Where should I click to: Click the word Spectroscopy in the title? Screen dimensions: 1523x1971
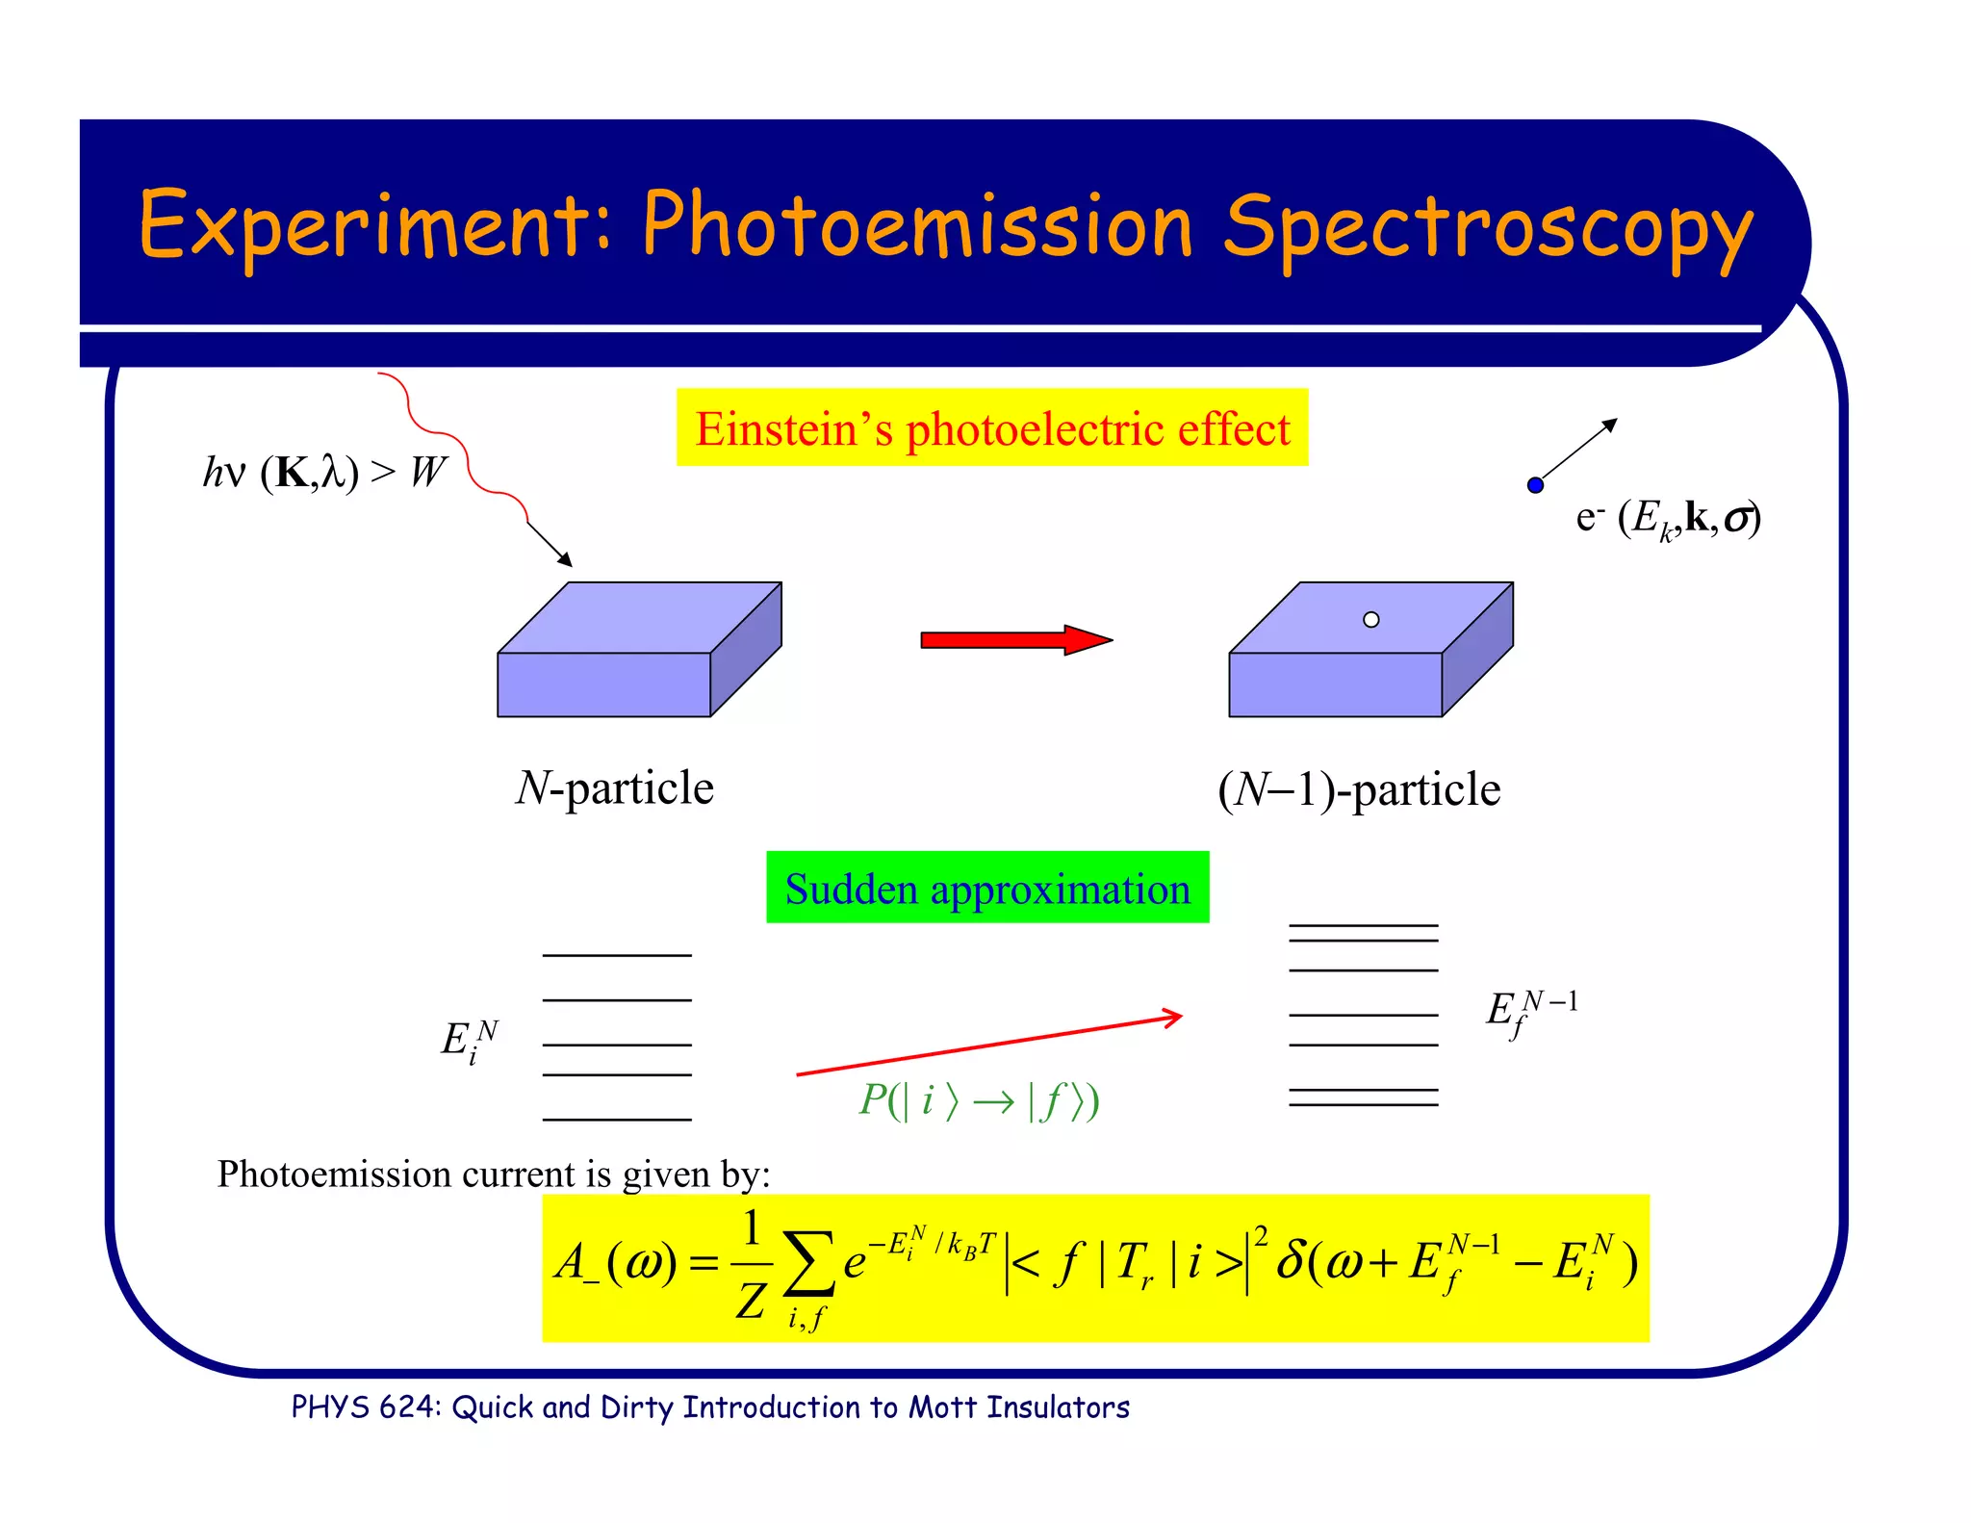click(1487, 227)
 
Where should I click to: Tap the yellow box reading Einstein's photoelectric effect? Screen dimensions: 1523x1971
click(991, 428)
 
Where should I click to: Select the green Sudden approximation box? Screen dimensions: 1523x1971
click(987, 888)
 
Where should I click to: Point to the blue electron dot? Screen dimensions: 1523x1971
click(1535, 485)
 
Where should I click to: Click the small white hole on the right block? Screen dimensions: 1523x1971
click(1370, 620)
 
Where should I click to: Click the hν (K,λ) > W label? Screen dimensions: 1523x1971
click(323, 472)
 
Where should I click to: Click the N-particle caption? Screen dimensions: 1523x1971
click(614, 788)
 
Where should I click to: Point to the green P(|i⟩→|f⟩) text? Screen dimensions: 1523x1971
click(979, 1100)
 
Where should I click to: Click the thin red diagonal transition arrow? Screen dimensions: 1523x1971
click(988, 1045)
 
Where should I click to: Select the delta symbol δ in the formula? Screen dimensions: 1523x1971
click(1290, 1260)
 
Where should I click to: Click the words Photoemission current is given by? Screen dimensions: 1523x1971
click(493, 1175)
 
